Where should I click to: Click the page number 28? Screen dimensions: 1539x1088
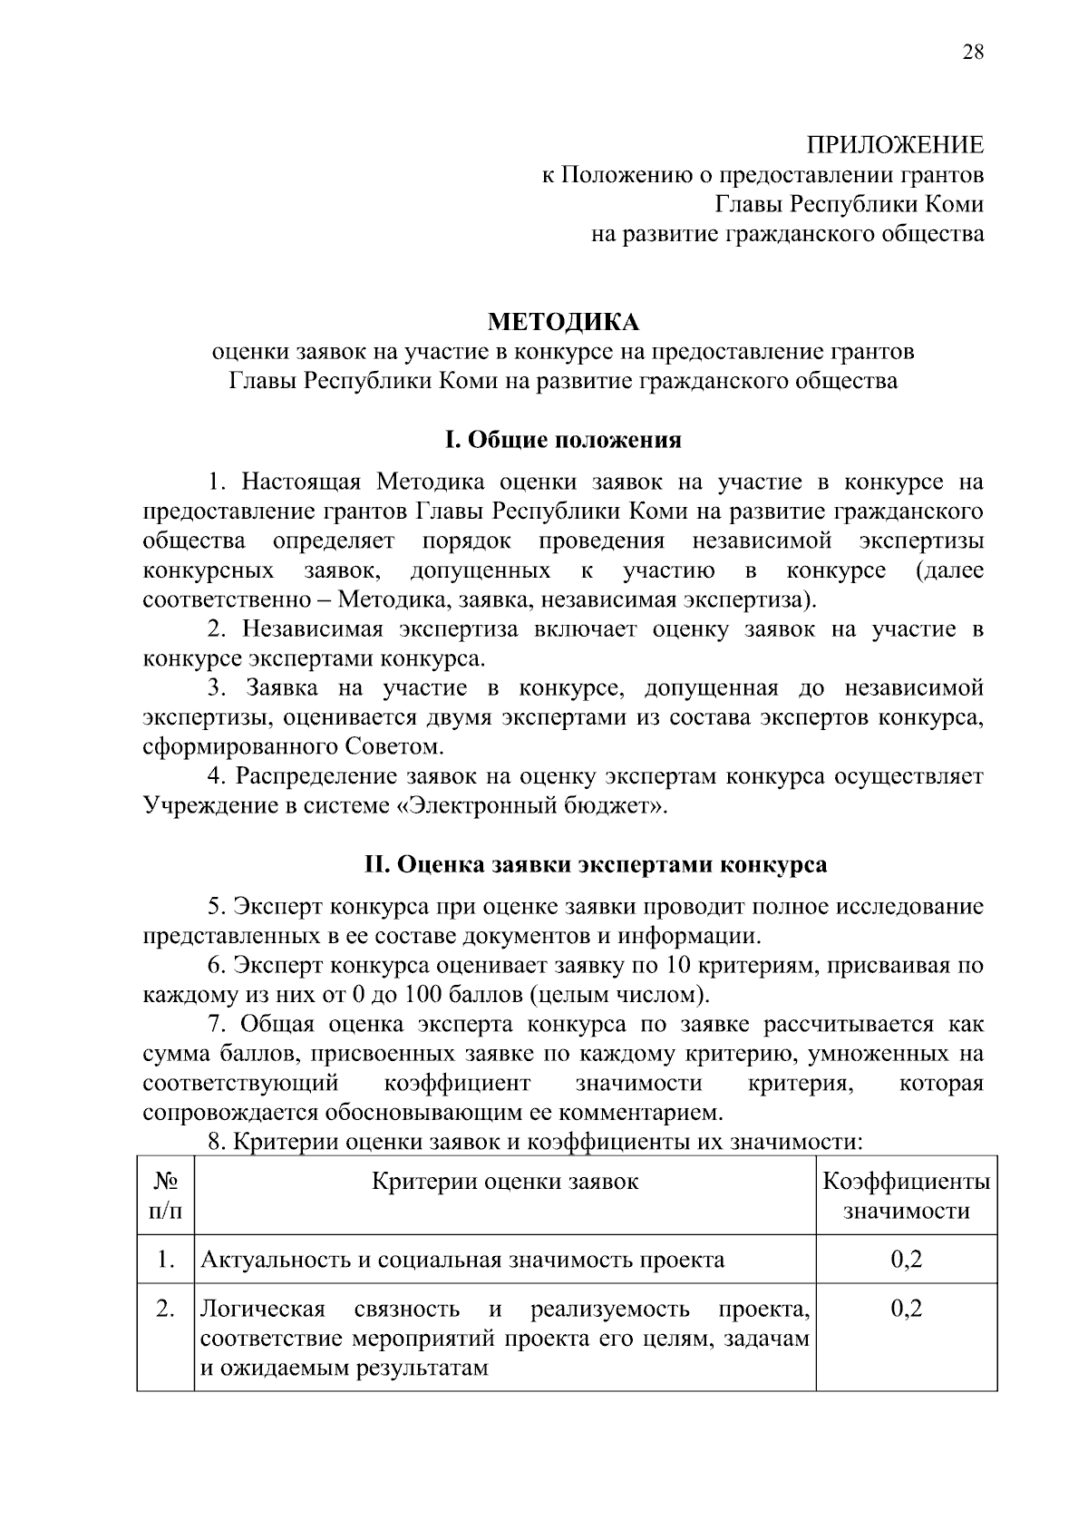[x=972, y=52]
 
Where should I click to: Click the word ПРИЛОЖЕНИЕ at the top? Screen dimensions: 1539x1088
[x=895, y=145]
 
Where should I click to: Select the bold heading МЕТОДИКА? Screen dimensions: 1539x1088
[x=563, y=322]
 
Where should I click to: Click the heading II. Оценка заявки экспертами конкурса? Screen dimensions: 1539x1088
[x=595, y=864]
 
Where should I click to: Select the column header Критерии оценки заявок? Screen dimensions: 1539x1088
[x=505, y=1182]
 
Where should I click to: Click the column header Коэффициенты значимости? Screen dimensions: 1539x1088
[x=906, y=1196]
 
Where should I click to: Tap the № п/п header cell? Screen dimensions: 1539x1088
[x=165, y=1196]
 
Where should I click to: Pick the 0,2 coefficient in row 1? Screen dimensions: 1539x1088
[x=906, y=1260]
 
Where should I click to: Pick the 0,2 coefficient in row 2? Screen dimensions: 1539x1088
[x=906, y=1309]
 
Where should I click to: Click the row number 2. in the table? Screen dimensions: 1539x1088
[x=165, y=1309]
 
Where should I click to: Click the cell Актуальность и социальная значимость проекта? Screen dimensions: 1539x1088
[x=461, y=1260]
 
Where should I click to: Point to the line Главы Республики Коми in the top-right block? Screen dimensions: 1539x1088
[x=850, y=204]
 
